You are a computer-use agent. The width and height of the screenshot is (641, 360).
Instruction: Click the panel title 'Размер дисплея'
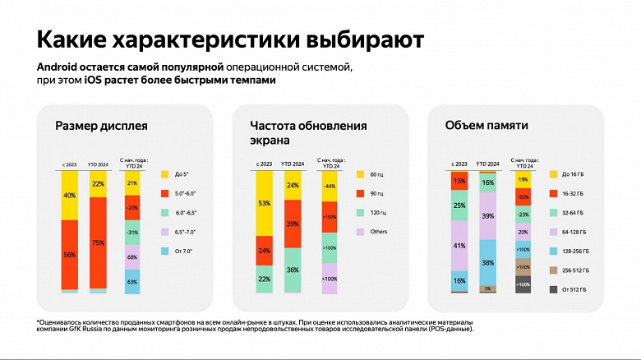coord(101,127)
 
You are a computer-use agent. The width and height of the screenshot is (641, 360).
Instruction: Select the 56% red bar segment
coord(70,255)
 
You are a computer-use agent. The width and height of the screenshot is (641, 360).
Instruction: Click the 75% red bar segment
coord(99,242)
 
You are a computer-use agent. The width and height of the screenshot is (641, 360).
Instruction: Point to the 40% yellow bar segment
coord(70,196)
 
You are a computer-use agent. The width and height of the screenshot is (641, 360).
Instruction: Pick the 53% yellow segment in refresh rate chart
coord(265,203)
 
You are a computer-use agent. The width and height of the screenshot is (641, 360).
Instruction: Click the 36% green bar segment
coord(292,269)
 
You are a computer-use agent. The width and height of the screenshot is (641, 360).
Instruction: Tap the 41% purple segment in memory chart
coord(459,245)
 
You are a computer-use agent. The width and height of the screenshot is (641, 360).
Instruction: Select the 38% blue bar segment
coord(487,263)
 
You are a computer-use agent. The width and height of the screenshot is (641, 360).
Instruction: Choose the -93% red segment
coord(523,197)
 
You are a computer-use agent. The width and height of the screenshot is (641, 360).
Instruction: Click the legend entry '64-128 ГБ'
coord(566,231)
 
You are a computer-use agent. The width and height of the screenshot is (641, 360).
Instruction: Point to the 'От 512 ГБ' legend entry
coord(566,288)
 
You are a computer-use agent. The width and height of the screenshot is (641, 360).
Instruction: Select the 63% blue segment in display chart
coord(131,281)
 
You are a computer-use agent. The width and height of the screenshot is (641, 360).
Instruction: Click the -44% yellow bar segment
coord(330,187)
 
